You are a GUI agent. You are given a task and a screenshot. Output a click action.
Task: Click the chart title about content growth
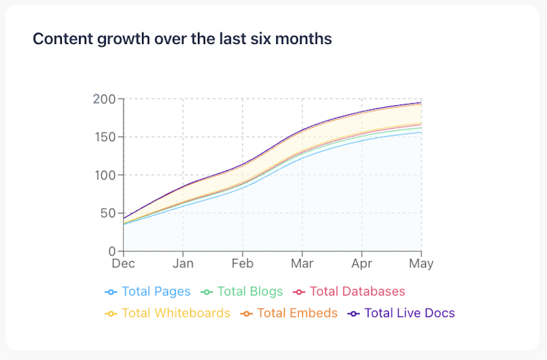tap(182, 39)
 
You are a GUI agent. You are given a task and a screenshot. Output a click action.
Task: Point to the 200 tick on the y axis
tap(104, 99)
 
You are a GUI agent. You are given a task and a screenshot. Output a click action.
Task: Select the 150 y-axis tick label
tap(104, 137)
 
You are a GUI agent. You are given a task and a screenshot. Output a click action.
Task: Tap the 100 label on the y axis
tap(104, 175)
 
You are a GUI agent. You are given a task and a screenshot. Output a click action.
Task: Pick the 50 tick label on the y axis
tap(107, 214)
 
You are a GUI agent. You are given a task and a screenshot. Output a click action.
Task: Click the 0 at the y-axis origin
tap(112, 252)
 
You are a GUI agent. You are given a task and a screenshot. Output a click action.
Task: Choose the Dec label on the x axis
tap(124, 263)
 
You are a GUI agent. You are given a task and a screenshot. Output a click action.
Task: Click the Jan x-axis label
tap(183, 263)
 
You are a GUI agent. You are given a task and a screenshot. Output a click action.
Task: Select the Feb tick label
tap(243, 263)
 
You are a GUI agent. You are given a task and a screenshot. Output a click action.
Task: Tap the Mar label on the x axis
tap(302, 263)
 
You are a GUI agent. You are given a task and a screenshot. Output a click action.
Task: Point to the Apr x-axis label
tap(362, 263)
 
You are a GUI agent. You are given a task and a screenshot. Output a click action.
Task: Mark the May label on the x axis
tap(421, 263)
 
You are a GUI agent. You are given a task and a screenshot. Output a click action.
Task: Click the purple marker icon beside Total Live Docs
tap(354, 313)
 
